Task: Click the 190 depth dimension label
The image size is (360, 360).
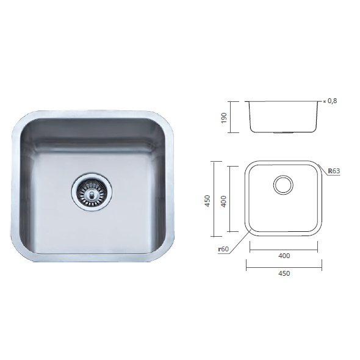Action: click(223, 118)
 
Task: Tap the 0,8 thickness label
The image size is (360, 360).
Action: click(332, 101)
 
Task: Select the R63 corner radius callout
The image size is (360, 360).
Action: click(334, 171)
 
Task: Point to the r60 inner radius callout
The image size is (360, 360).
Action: click(223, 249)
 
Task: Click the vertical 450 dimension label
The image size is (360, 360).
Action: click(207, 201)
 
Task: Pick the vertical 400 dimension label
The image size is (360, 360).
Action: click(223, 201)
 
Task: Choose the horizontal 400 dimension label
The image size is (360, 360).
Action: click(284, 256)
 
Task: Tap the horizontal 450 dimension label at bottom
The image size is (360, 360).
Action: click(284, 273)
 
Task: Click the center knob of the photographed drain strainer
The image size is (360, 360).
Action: click(92, 195)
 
